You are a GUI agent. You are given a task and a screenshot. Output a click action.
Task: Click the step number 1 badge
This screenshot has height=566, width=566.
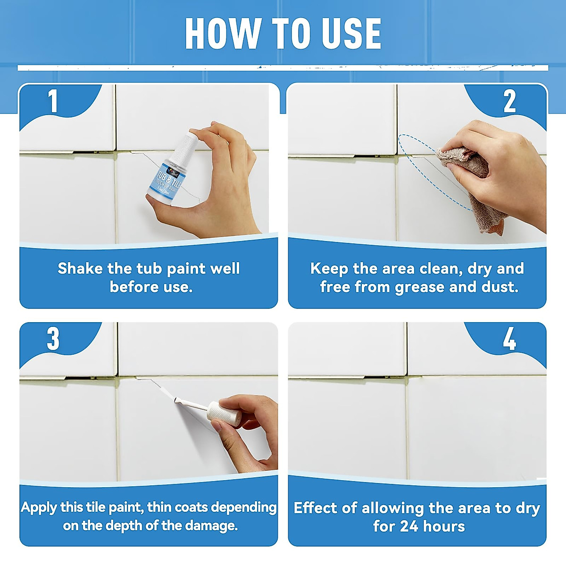pos(53,101)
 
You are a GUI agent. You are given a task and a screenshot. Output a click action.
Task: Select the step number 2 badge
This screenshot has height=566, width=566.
pos(509,101)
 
